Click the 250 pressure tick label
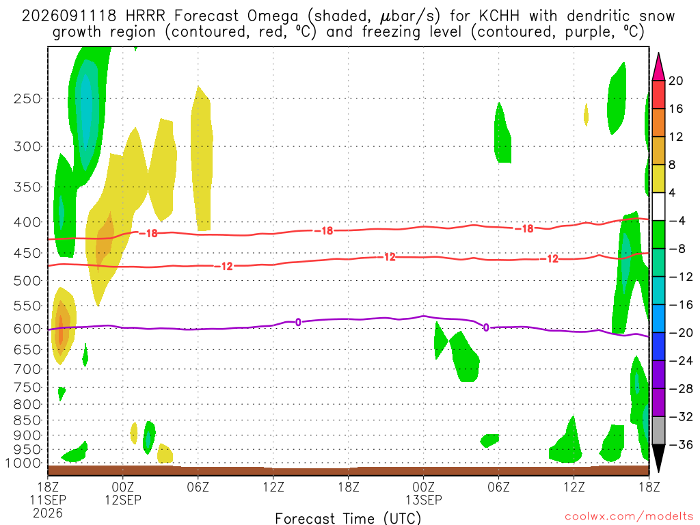pos(27,98)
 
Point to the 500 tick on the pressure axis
pos(27,281)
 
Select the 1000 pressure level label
pos(23,463)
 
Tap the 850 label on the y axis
pos(27,420)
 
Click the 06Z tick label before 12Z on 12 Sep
pos(198,486)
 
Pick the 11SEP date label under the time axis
pos(48,500)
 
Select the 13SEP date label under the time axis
pos(424,500)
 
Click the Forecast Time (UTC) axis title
pos(348,518)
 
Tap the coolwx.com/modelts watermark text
pos(629,517)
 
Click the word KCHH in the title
pos(499,16)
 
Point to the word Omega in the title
pos(272,17)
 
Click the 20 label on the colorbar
pos(676,81)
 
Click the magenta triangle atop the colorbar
pos(658,66)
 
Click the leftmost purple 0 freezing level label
pos(298,323)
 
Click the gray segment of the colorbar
pos(658,431)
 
